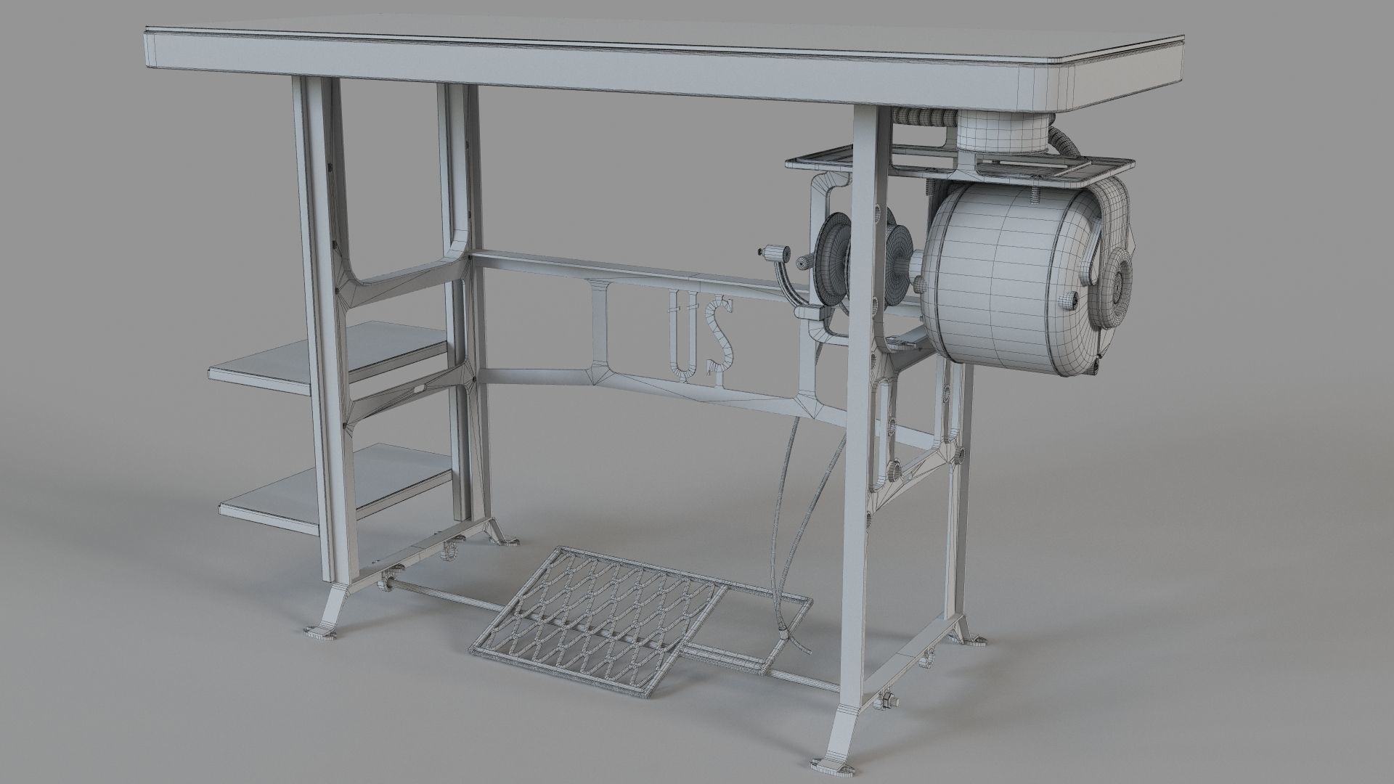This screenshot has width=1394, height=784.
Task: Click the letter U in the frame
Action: [x=683, y=334]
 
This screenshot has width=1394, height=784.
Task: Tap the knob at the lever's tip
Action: [x=769, y=252]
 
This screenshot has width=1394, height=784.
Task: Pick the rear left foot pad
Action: [x=505, y=542]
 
